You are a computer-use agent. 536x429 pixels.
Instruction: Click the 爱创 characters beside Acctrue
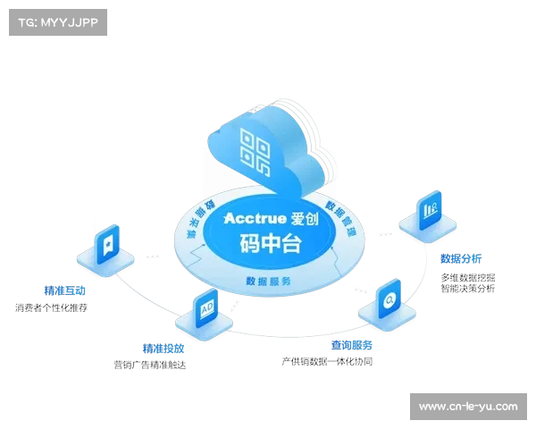[x=305, y=218]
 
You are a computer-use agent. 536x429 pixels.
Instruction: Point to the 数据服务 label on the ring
[x=268, y=281]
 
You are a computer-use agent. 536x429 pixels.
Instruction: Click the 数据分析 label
[x=461, y=259]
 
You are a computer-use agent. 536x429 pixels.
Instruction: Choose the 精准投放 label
[x=163, y=348]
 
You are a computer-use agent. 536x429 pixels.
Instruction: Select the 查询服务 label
[x=351, y=344]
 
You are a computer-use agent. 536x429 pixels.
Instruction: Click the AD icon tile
[x=205, y=308]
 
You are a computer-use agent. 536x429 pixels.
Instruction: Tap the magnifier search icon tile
[x=389, y=300]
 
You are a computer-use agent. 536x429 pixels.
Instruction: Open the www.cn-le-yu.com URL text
[x=468, y=408]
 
